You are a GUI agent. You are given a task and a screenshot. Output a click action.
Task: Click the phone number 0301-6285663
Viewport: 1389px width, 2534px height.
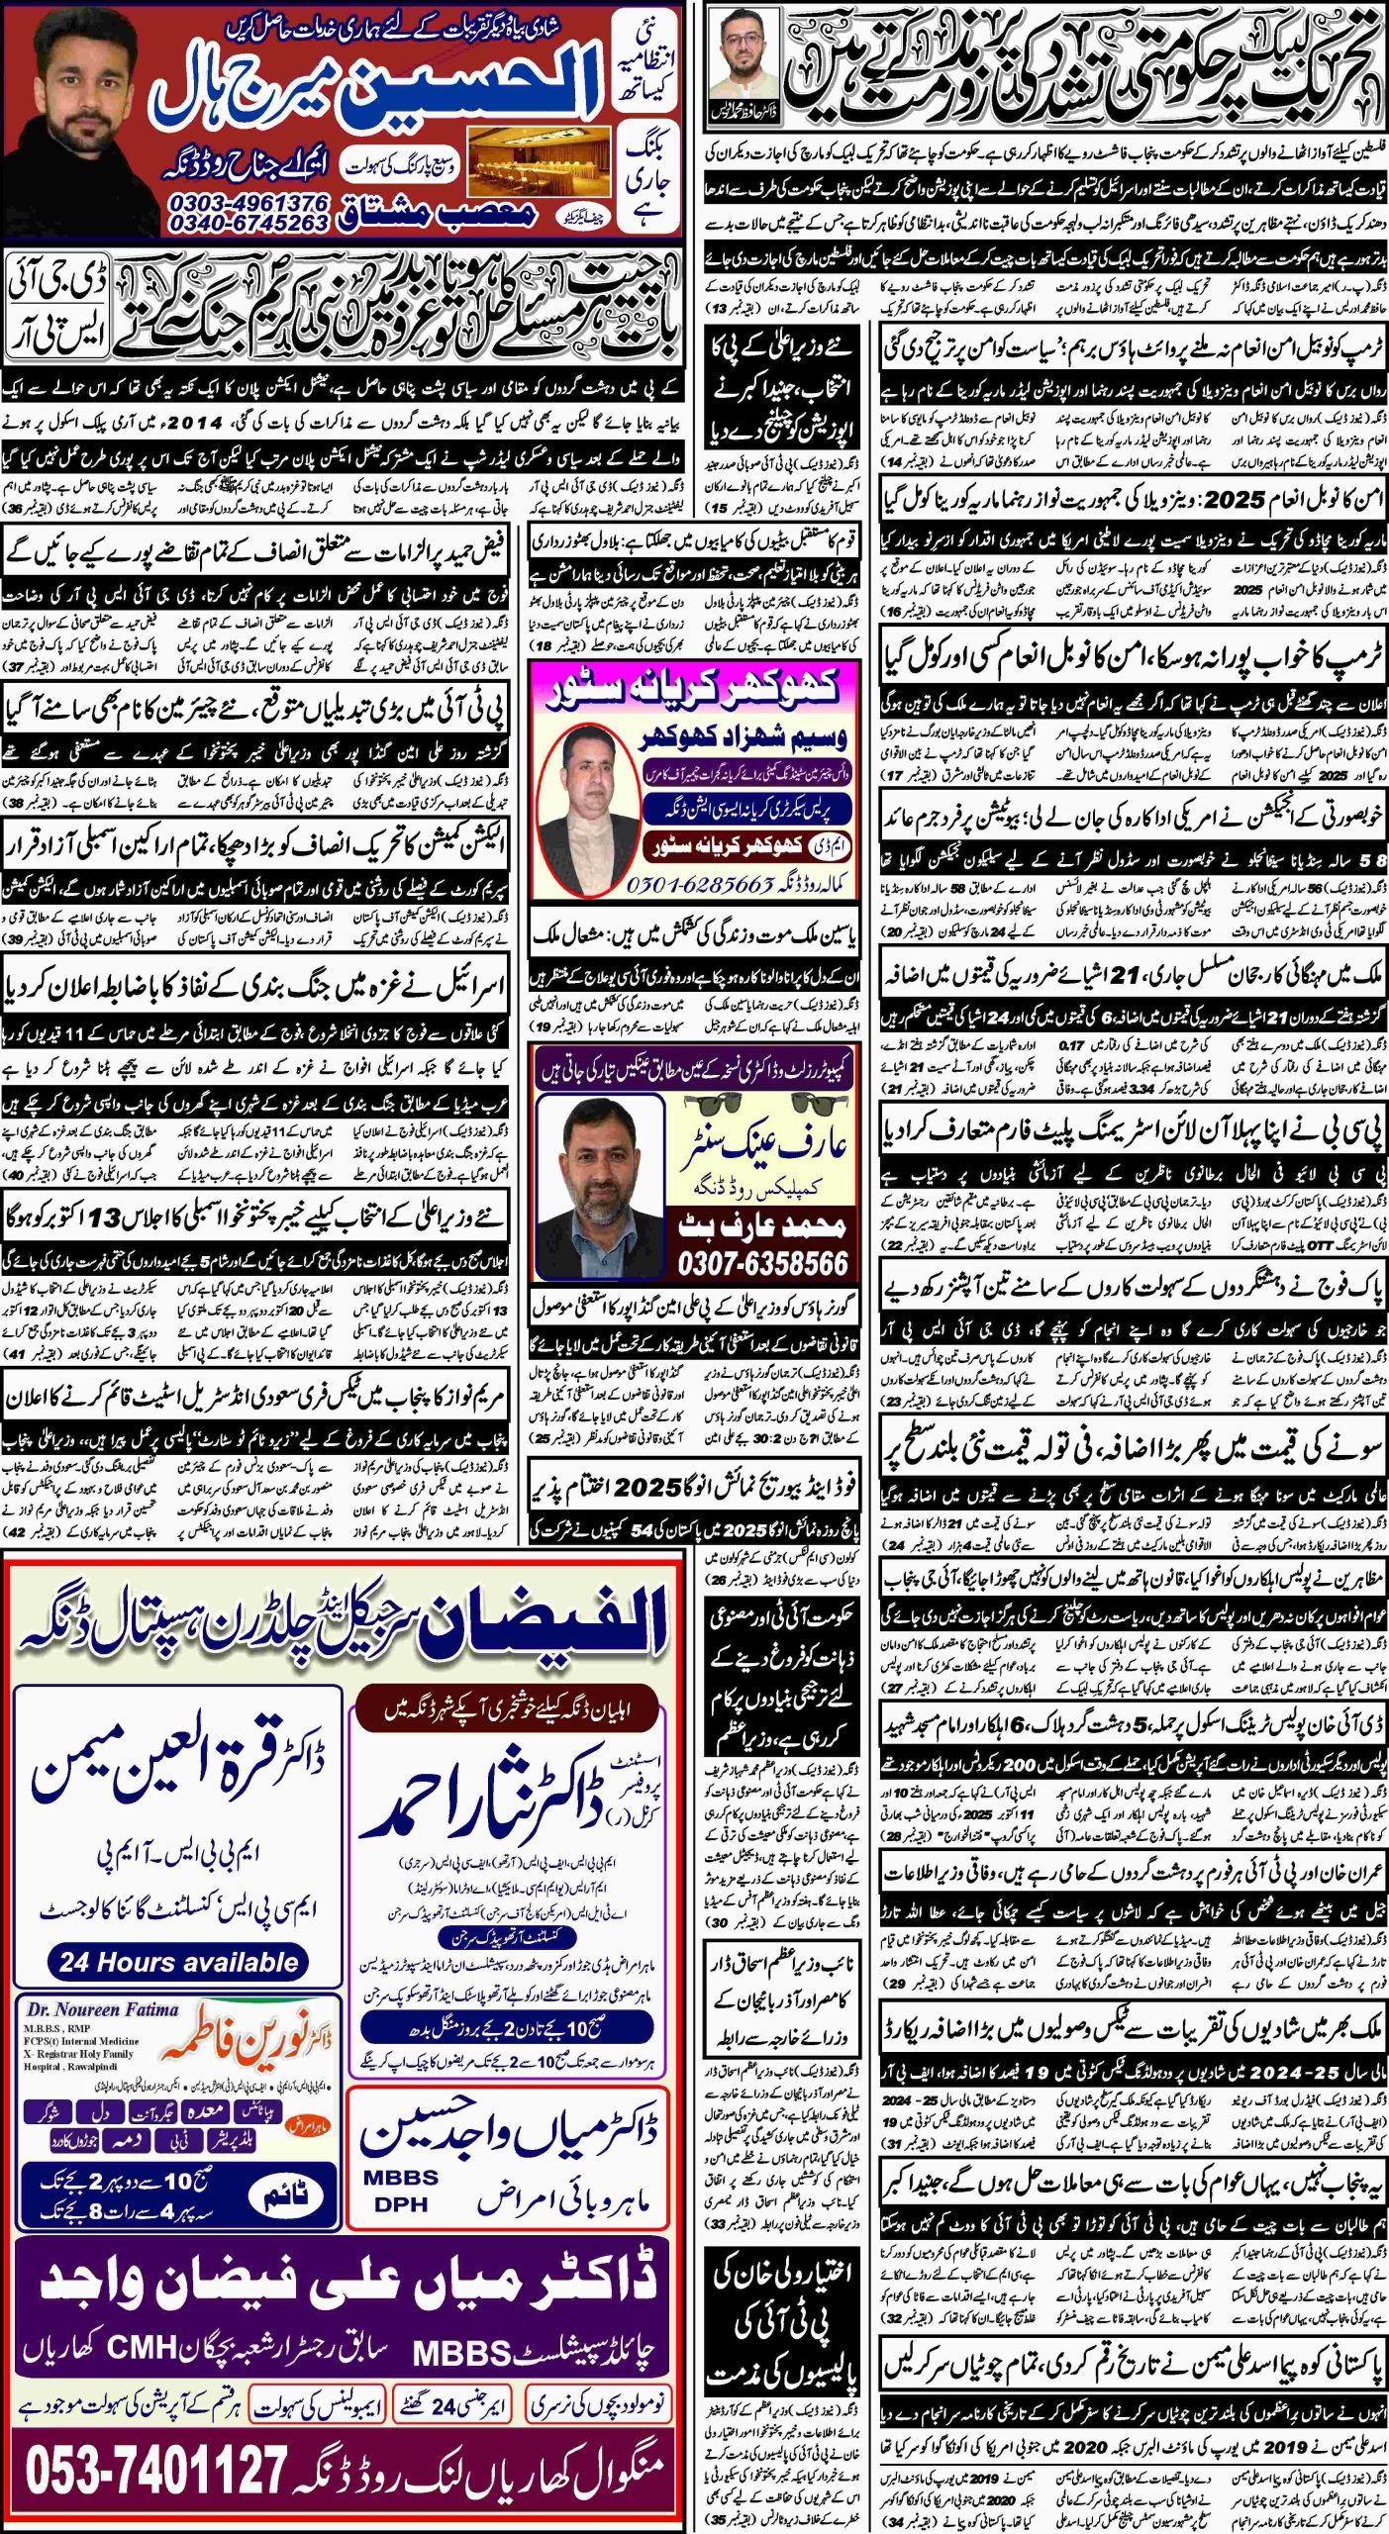(699, 884)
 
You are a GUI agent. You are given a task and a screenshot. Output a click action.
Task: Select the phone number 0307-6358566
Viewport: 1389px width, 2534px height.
(762, 1263)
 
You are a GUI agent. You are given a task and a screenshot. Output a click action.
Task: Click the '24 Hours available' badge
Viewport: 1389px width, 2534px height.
(178, 1961)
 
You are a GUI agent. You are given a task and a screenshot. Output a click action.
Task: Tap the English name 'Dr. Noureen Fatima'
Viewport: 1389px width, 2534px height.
(102, 2008)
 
